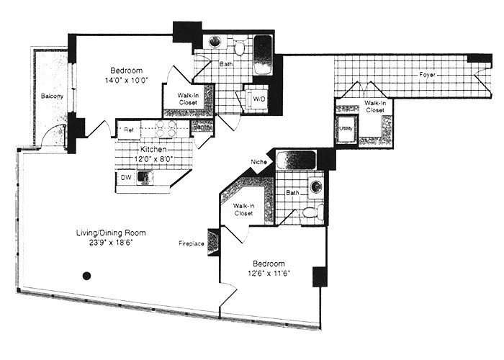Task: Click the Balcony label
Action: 50,96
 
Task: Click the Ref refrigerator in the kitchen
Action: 130,130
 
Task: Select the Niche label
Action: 259,162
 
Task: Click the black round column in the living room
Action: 86,274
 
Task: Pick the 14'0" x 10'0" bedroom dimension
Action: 127,81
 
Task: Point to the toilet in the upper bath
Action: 240,48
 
